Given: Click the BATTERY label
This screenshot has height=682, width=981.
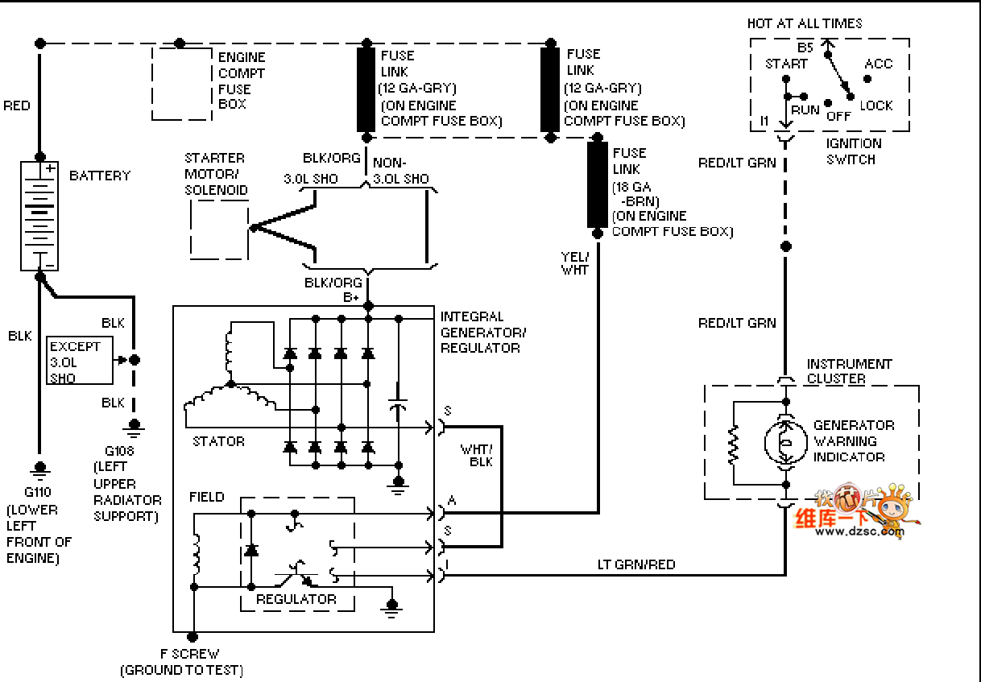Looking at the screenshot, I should point(100,176).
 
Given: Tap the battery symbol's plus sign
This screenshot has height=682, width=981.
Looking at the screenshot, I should point(50,169).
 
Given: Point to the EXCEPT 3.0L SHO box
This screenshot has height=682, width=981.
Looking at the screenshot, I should point(80,361).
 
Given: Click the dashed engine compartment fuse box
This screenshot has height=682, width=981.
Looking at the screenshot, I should point(182,84).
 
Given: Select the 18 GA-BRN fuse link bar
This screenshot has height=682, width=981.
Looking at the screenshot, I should point(597,186).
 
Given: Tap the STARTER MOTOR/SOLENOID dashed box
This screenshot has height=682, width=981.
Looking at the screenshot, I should point(218,229).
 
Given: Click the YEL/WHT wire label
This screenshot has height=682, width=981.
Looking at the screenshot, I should point(575,263).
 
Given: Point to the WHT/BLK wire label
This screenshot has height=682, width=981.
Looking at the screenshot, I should point(476,455).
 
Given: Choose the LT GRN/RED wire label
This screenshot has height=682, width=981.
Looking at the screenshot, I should point(636,564).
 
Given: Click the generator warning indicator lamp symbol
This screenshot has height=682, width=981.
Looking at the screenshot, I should point(786,441).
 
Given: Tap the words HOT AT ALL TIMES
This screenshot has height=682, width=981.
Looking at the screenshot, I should point(804,23).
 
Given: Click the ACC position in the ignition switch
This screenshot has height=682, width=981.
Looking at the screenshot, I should point(878,64).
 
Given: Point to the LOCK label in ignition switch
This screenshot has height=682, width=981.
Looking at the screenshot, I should point(876,105).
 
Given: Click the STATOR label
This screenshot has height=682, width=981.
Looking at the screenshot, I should point(218,441).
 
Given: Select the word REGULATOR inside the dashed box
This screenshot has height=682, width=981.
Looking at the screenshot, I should point(296,599).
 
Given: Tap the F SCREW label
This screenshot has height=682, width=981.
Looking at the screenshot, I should point(189,654).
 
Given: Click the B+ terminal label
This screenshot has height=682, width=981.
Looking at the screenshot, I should point(351,297).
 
